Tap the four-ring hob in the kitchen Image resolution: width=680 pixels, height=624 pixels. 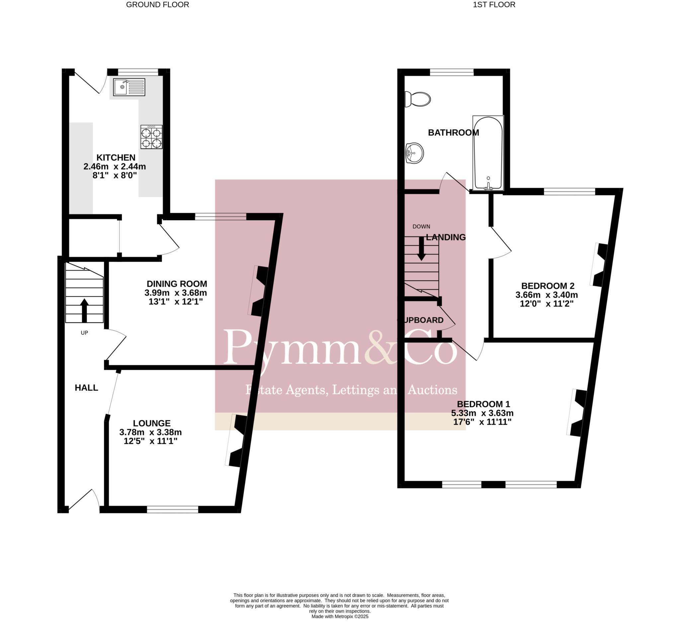[151, 137]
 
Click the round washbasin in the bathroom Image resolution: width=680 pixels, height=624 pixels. [414, 153]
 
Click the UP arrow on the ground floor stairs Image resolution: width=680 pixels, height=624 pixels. [84, 310]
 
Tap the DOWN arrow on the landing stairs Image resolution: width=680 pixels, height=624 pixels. [421, 249]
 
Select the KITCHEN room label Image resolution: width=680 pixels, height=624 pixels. [116, 157]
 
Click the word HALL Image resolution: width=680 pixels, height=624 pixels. [86, 388]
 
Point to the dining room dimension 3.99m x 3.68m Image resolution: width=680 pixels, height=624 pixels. [176, 293]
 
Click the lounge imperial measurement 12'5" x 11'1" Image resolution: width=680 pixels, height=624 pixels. [150, 441]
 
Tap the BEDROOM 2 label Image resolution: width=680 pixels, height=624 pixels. [548, 286]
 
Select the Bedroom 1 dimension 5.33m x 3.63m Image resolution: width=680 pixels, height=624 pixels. [482, 413]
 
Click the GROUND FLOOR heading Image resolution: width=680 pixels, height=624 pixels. [157, 5]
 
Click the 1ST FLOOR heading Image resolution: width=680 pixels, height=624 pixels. [494, 5]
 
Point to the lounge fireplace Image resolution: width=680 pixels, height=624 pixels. [237, 441]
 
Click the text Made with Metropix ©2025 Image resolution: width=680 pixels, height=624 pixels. [339, 617]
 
